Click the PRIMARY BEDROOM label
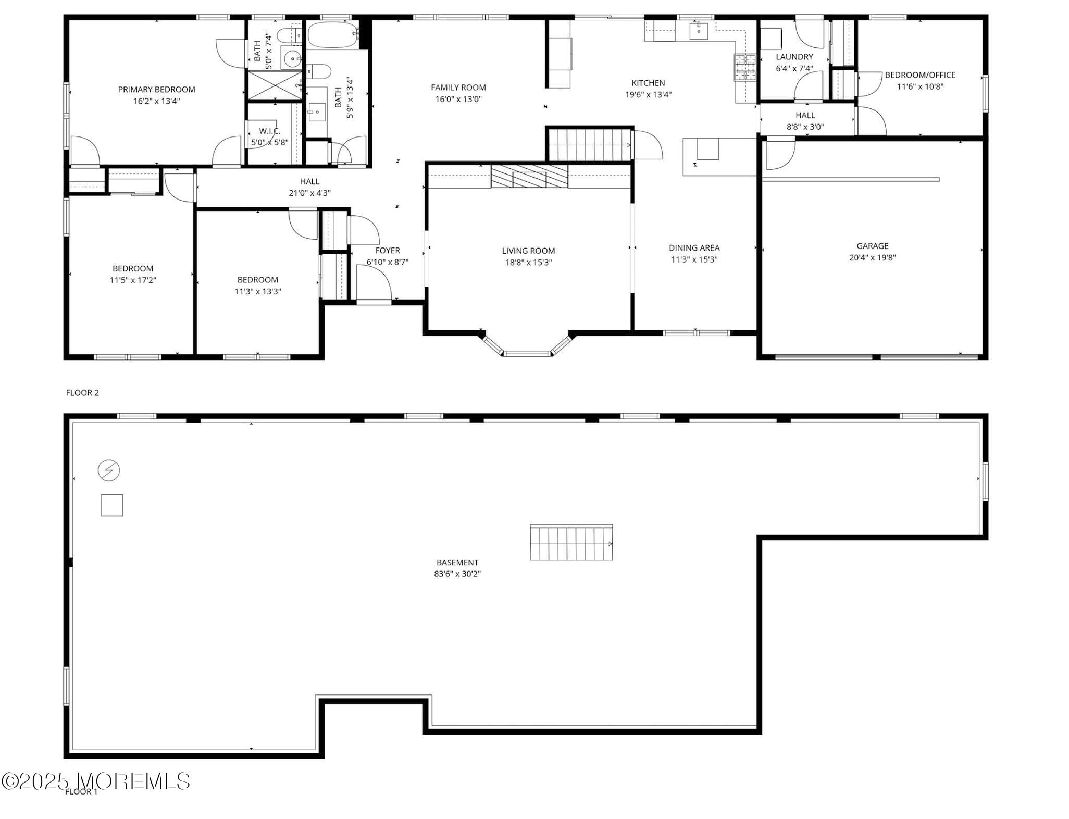156,90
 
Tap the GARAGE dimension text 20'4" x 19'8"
872,257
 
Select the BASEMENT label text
457,562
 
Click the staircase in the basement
571,542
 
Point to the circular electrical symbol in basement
109,470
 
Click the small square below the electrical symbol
111,505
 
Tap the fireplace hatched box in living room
529,176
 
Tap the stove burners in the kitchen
745,68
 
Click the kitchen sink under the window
698,31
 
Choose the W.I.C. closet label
269,131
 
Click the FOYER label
388,251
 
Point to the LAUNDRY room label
794,57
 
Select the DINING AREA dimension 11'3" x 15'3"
694,259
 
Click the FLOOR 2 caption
82,393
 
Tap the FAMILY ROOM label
458,88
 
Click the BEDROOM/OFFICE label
920,75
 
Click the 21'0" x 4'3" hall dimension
309,193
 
